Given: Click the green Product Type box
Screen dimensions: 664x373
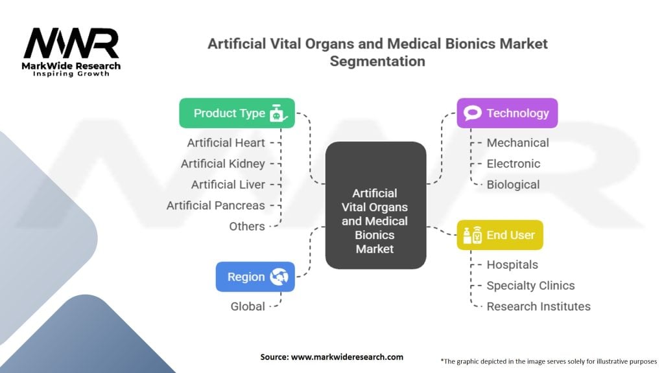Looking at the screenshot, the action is pyautogui.click(x=237, y=113).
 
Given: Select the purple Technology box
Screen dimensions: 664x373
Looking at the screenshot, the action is pyautogui.click(x=507, y=113).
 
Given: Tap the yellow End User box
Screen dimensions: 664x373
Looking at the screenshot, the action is pyautogui.click(x=500, y=234).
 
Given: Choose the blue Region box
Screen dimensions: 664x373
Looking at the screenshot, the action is pyautogui.click(x=255, y=277).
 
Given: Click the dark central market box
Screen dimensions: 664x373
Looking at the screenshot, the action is pyautogui.click(x=375, y=205).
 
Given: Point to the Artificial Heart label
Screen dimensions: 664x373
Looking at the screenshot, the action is pyautogui.click(x=226, y=143).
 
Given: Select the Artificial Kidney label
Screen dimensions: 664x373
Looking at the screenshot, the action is pyautogui.click(x=223, y=164).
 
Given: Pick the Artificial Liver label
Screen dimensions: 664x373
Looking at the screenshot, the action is pyautogui.click(x=228, y=185).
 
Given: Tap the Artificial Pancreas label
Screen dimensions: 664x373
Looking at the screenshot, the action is pyautogui.click(x=215, y=205).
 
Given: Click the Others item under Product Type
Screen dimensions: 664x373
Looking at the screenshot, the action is pyautogui.click(x=247, y=226).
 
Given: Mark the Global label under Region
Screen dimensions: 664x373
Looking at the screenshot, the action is pyautogui.click(x=248, y=306).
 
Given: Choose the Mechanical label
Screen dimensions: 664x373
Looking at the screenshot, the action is pyautogui.click(x=517, y=143).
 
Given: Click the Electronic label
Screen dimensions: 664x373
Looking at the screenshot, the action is pyautogui.click(x=514, y=164).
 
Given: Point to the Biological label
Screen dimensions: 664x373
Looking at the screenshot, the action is pyautogui.click(x=513, y=185).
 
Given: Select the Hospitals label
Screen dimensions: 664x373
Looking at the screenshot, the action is pyautogui.click(x=512, y=265).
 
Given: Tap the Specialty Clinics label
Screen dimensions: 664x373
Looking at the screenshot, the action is pyautogui.click(x=530, y=286).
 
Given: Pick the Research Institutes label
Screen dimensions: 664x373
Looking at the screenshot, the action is pyautogui.click(x=538, y=306).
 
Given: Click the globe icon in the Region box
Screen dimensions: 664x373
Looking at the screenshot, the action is pyautogui.click(x=279, y=277).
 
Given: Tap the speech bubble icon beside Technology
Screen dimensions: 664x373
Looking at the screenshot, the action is pyautogui.click(x=473, y=113).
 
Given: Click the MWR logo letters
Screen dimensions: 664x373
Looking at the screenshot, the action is pyautogui.click(x=71, y=43).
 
